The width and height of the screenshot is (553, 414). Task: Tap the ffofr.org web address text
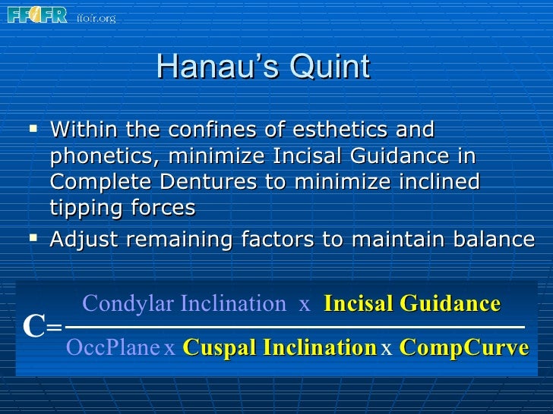96,17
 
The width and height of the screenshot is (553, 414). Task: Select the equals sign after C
53,328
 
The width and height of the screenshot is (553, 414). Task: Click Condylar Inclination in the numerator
183,304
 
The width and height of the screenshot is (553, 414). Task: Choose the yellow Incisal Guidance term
412,304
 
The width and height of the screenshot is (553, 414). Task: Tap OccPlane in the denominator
112,348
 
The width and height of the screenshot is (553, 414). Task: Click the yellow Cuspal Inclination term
280,348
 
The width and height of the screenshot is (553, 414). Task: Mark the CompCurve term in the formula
463,348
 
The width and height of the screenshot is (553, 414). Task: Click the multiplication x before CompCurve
386,349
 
